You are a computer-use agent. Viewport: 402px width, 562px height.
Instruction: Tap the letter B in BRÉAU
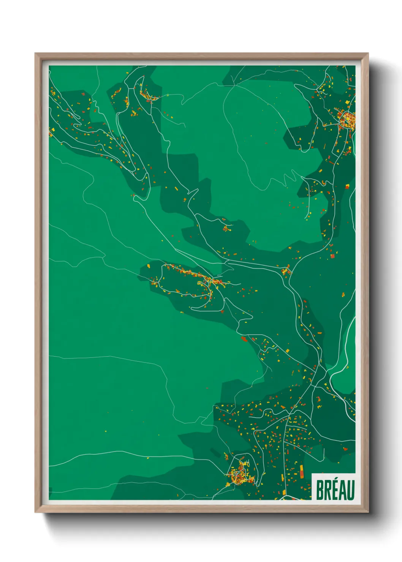pyautogui.click(x=320, y=490)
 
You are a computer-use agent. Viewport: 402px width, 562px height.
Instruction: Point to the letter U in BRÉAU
pyautogui.click(x=350, y=490)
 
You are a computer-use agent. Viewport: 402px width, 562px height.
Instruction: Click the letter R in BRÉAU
pyautogui.click(x=328, y=490)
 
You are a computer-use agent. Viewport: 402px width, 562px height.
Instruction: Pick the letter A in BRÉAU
pyautogui.click(x=342, y=490)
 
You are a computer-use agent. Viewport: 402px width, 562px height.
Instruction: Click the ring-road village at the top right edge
pyautogui.click(x=347, y=120)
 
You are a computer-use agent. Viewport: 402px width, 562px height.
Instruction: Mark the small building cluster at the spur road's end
pyautogui.click(x=227, y=229)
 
